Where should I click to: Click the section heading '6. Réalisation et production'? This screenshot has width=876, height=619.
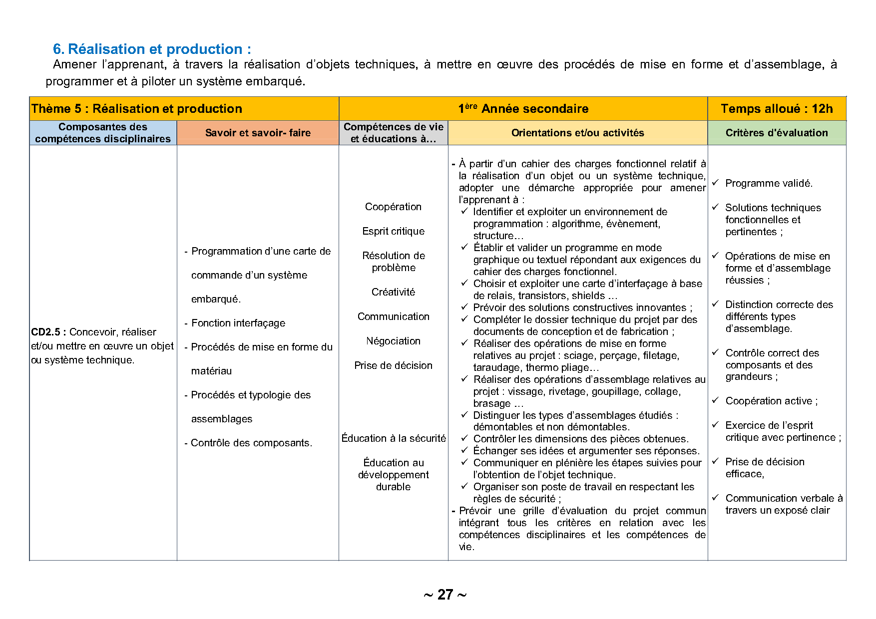coord(152,49)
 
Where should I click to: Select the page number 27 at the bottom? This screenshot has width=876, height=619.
coord(445,595)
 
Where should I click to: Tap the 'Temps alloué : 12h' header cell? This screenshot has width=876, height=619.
coord(777,109)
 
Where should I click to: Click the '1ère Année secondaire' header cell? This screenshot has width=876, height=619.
coord(523,109)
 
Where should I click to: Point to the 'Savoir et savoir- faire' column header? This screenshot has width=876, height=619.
coord(258,133)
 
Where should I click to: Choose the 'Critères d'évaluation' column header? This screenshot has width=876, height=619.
coord(777,133)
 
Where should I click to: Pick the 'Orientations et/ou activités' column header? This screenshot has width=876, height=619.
coord(577,133)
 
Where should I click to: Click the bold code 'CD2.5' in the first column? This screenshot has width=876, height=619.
coord(45,332)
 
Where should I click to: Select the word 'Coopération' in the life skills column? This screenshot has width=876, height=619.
coord(393,207)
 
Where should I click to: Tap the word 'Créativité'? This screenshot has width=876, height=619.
coord(393,292)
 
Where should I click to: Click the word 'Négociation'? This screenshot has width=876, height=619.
coord(393,341)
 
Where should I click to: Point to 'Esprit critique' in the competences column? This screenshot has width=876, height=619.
coord(393,231)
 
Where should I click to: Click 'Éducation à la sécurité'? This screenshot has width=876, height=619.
coord(394,438)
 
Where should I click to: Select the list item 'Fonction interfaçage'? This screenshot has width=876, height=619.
coord(238,323)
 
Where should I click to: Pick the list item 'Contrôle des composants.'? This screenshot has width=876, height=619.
coord(251,443)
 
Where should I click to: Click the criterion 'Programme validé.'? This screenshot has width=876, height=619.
coord(769,183)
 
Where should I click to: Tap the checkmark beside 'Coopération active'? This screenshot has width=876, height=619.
coord(715,400)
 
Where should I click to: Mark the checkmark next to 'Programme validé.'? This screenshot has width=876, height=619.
coord(715,183)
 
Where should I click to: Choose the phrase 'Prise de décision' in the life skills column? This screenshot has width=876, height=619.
coord(393,365)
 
